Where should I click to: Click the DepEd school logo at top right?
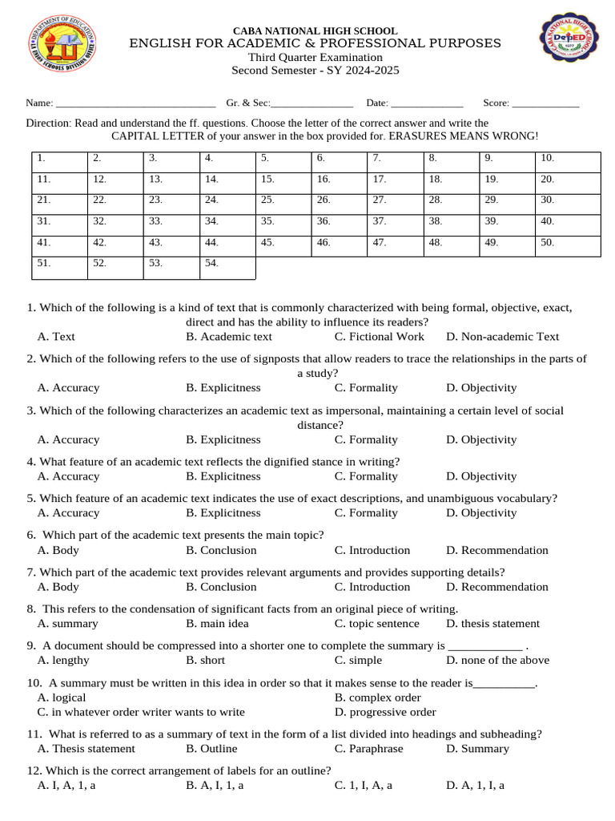tap(573, 47)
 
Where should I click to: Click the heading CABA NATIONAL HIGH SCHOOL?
tap(315, 30)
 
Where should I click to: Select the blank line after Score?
tap(545, 103)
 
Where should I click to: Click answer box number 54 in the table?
tap(227, 268)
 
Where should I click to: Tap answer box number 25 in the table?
tap(283, 204)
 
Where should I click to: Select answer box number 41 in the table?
tap(59, 246)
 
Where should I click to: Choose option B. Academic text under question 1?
tap(229, 337)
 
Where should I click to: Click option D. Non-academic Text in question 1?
tap(502, 337)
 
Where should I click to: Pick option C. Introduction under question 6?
tap(372, 550)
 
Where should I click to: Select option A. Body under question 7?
tap(58, 587)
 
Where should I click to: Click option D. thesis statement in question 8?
tap(492, 624)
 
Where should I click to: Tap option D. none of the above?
tap(497, 661)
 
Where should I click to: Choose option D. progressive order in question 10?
tap(385, 712)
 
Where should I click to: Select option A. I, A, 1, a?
tap(66, 786)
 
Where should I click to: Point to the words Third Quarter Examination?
tap(315, 57)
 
